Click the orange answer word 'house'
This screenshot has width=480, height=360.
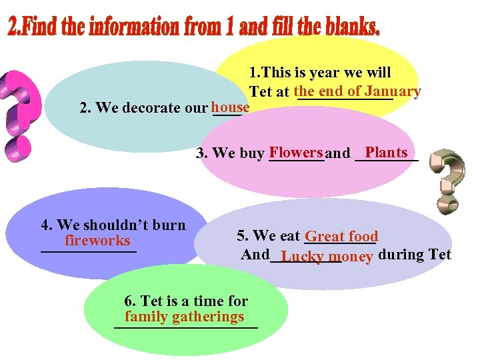coord(230,107)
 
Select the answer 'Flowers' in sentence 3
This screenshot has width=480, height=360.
coord(296,153)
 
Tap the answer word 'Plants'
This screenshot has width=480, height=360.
coord(386,153)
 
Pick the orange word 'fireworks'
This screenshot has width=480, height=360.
coord(97,240)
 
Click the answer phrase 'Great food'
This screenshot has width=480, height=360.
coord(341,236)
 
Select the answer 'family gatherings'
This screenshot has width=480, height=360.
coord(184,317)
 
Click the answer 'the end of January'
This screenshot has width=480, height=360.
coord(357,91)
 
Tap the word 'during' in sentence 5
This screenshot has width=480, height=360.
coord(400,254)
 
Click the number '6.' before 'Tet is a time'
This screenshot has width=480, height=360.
coord(131,301)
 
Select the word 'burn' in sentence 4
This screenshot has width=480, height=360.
coord(171,225)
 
